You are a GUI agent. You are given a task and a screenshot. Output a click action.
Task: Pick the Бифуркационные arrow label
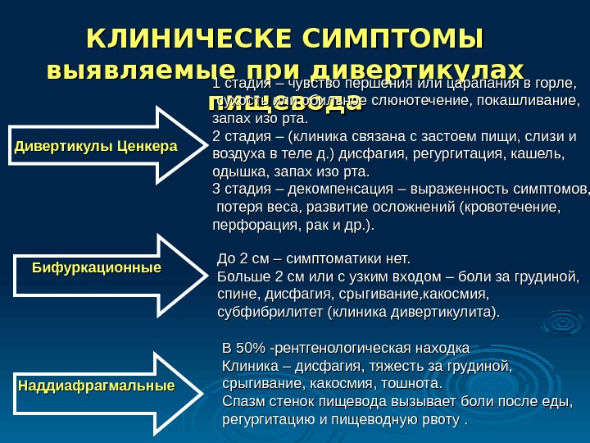[x=96, y=268]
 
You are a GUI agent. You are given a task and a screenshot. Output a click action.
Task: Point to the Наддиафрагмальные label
[x=96, y=385]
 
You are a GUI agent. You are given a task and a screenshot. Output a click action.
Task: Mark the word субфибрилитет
[x=270, y=313]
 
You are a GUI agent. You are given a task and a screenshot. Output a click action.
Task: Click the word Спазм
[x=243, y=402]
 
